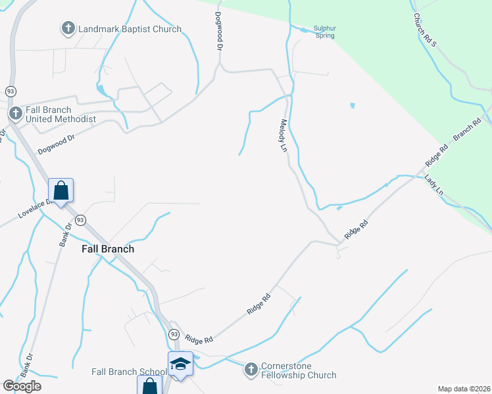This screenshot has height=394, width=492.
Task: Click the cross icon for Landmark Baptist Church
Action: point(68,29)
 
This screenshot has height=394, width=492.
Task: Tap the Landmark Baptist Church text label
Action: point(130,30)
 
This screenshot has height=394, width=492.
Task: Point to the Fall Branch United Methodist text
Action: point(61,115)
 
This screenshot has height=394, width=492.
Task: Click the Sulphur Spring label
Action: point(324,32)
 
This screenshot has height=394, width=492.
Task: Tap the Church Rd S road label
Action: point(425,29)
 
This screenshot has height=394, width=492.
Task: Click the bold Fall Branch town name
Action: point(108,250)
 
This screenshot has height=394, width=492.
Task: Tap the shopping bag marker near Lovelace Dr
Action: point(61,191)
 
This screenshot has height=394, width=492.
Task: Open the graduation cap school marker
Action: point(180,364)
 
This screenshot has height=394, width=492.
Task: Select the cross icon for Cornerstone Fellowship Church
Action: point(250,370)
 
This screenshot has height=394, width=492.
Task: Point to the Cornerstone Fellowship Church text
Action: point(299,370)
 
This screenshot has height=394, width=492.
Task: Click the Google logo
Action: point(22,386)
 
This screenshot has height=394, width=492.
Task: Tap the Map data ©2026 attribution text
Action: point(464,389)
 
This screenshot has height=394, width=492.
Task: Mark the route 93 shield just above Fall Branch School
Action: point(173,334)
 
